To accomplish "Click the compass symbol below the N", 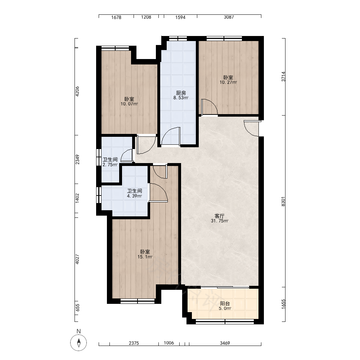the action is [78, 343].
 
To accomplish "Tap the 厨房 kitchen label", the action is [181, 93].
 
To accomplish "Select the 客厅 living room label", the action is [220, 216].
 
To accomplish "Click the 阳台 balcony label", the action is [225, 303].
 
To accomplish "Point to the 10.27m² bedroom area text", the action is [229, 82].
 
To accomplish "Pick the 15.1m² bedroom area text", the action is [145, 257].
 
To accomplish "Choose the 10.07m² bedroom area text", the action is [129, 104].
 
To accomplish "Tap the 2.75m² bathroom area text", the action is [110, 165].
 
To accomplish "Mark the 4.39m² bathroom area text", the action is [135, 196].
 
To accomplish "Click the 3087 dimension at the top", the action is [229, 17].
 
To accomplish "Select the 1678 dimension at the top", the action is [116, 17].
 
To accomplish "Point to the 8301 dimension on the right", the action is [283, 201].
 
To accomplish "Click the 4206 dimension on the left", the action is [77, 91].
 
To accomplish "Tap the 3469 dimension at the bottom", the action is [225, 343].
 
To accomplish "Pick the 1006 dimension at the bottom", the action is [169, 343].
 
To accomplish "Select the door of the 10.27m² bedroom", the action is [209, 107].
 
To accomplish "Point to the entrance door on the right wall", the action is [252, 128].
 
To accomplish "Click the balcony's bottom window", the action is [225, 322].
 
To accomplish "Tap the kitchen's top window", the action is [178, 39].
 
